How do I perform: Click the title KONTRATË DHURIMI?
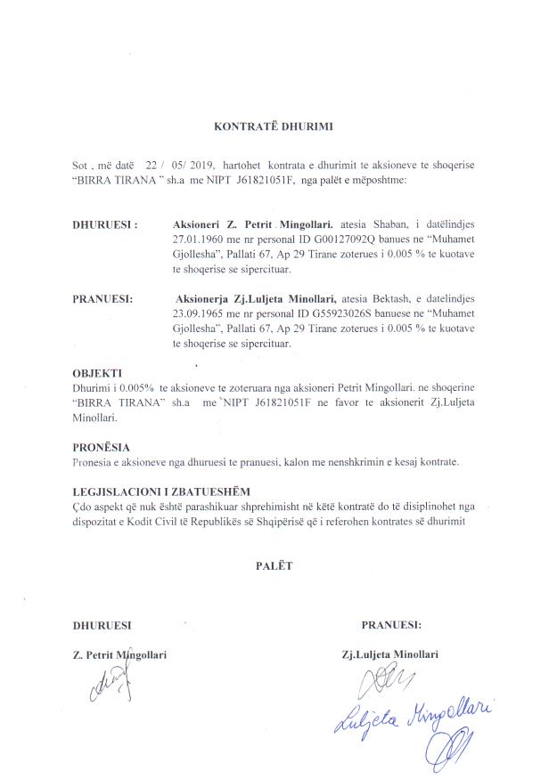point(274,126)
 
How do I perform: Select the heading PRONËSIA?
point(100,447)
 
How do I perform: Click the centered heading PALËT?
point(274,564)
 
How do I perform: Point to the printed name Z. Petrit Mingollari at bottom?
point(119,654)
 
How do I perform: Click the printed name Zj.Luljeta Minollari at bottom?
point(389,654)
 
